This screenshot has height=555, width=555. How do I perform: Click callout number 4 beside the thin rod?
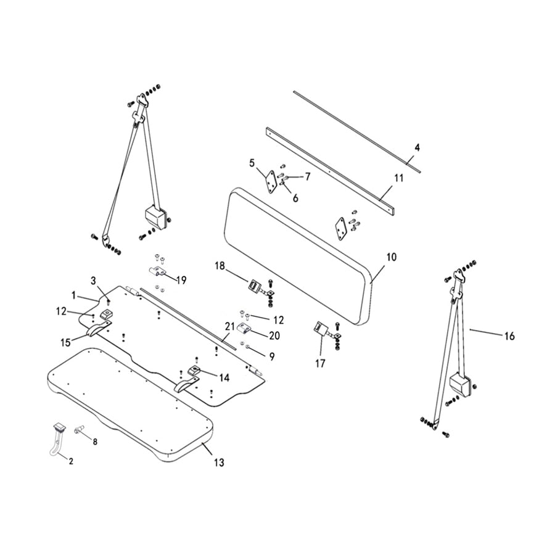tap(417, 147)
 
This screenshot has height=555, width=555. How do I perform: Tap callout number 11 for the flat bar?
tap(399, 178)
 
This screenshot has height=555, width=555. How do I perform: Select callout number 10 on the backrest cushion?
tap(392, 256)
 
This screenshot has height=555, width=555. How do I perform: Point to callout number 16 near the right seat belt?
tap(509, 336)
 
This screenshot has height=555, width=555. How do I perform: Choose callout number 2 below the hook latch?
tap(71, 461)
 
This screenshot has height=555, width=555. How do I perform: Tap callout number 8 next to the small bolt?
tap(95, 442)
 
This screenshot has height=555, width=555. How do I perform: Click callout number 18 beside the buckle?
tap(220, 266)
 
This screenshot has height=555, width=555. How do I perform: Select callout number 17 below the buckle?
tap(320, 364)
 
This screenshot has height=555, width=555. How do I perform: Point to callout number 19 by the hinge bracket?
tap(181, 280)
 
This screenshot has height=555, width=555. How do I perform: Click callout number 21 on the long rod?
tap(229, 325)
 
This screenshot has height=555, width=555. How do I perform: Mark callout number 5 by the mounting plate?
tap(252, 163)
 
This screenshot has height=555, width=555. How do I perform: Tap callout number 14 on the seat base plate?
tap(223, 376)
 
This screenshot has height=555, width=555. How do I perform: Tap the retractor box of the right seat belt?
tap(461, 384)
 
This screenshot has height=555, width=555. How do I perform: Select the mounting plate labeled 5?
tap(269, 183)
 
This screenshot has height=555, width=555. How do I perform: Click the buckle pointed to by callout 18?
tap(254, 286)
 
